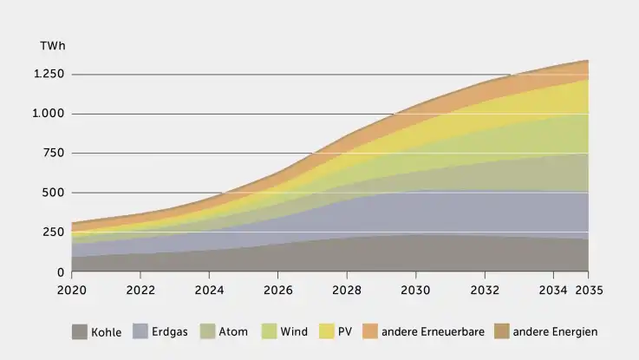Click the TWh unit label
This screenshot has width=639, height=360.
(x=51, y=45)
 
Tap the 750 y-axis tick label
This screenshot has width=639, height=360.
(x=55, y=154)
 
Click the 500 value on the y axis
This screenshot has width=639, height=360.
(x=55, y=193)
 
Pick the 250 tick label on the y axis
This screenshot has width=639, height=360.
(x=55, y=232)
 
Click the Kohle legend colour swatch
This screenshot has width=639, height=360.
(x=80, y=331)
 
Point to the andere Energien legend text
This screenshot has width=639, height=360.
(x=555, y=331)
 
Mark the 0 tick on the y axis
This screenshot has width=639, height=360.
(x=62, y=272)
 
